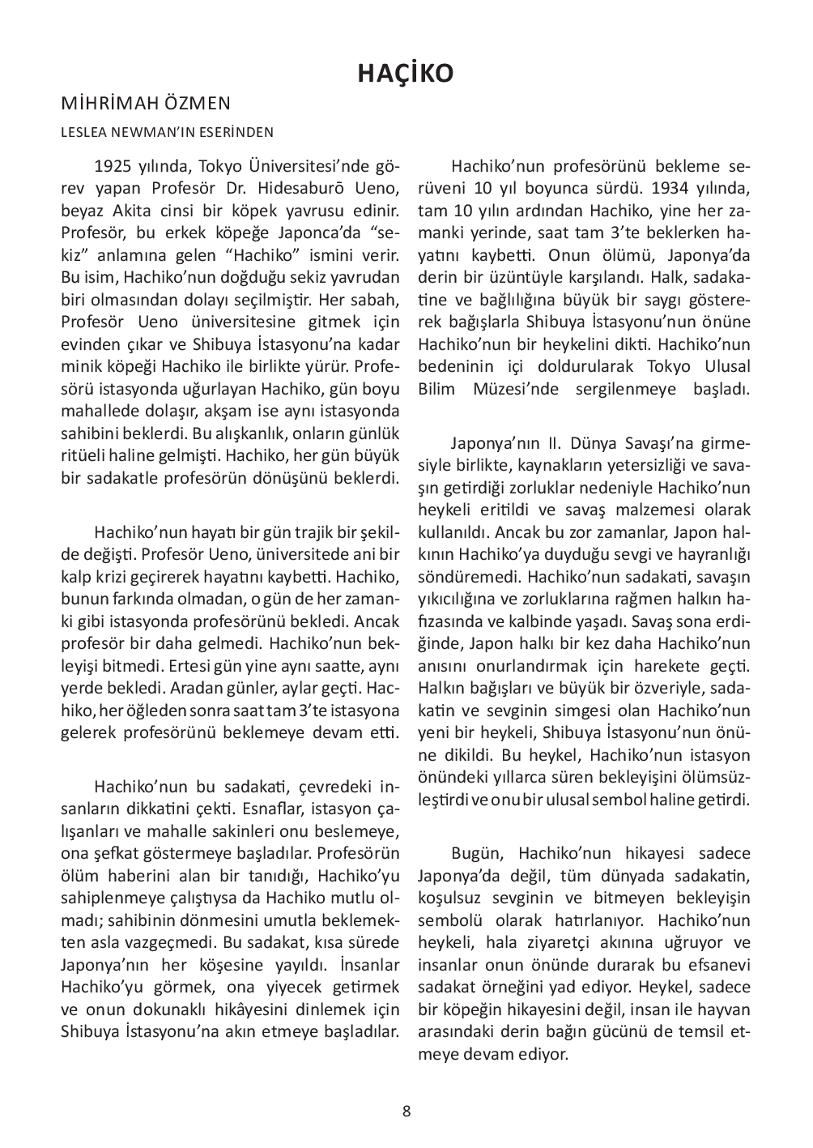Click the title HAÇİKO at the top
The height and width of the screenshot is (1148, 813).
tap(406, 74)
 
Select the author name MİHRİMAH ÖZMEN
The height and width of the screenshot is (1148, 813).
tap(146, 103)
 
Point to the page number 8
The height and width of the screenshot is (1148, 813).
tap(406, 1111)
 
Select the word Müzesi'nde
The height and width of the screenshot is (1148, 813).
tap(512, 388)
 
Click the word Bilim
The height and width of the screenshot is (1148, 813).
tap(437, 388)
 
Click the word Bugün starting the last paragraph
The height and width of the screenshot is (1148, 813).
tap(479, 854)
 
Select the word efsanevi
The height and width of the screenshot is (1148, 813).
tap(719, 965)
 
